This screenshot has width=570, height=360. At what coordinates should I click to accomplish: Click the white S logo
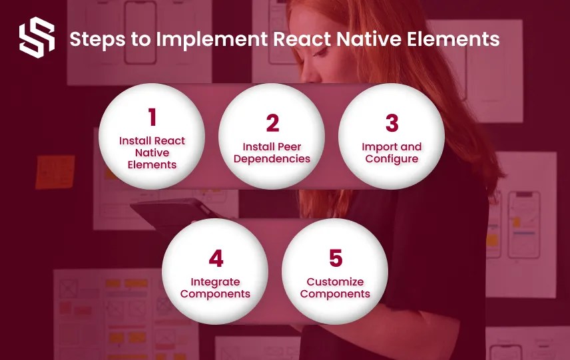coord(37,39)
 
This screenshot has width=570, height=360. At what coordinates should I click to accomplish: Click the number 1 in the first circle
coord(152,118)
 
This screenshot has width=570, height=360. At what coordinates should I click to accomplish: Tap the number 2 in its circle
coord(272,124)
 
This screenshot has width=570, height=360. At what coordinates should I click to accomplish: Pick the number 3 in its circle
coord(392,124)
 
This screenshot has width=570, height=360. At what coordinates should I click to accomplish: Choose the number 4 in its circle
coord(215,259)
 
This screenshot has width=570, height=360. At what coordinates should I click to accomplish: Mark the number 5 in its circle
coord(335,259)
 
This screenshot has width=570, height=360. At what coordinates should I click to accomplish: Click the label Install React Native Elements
coord(152,152)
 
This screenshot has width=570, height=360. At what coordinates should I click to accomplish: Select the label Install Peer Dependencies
coord(272,152)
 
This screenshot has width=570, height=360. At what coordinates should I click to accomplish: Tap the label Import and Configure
coord(392,152)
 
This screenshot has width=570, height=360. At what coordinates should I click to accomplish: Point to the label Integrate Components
coord(215,287)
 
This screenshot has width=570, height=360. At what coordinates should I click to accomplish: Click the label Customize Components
coord(335,287)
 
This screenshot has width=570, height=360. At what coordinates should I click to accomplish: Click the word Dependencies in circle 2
coord(272,159)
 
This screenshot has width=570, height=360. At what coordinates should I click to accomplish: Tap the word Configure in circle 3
coord(392,159)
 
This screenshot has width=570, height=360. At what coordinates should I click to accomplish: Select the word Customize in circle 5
coord(335,281)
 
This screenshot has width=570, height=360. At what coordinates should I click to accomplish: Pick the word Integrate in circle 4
coord(215,281)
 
